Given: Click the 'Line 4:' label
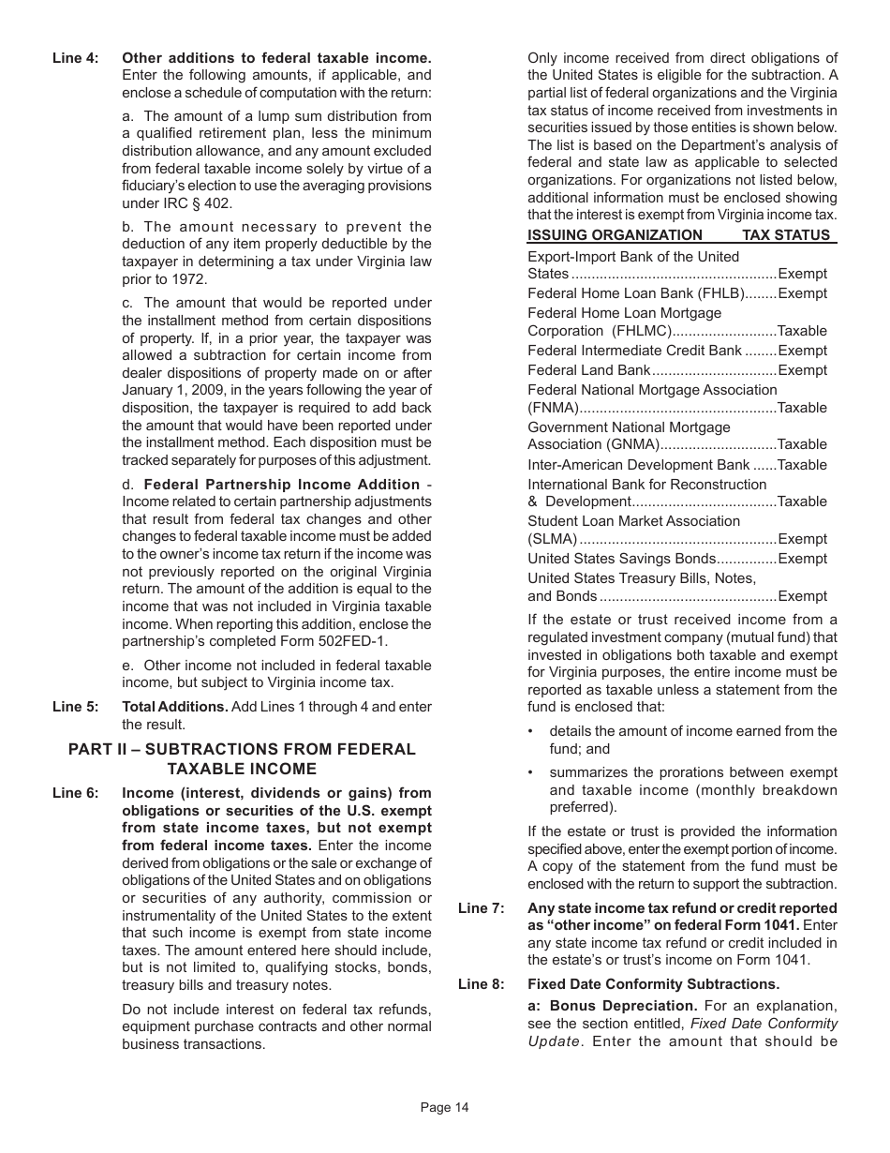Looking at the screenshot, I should (75, 58).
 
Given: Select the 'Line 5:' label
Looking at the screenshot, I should (75, 707).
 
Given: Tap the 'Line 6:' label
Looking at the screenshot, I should (75, 793).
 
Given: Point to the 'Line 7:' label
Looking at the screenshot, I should (481, 908).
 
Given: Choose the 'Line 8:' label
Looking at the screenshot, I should (481, 984).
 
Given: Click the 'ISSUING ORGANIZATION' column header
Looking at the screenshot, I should (615, 235).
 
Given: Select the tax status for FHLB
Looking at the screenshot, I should (803, 293).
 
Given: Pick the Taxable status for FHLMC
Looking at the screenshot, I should (802, 331).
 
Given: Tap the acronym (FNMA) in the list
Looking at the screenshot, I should (552, 408).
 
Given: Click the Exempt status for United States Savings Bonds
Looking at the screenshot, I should (803, 559).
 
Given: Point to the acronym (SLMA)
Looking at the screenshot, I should (552, 539).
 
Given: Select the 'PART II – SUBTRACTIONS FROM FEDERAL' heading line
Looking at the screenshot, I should (242, 750).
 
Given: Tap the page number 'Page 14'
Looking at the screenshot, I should (444, 1108).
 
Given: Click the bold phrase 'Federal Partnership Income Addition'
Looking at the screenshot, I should (281, 485).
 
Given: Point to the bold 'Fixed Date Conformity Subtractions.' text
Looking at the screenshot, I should (653, 984).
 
